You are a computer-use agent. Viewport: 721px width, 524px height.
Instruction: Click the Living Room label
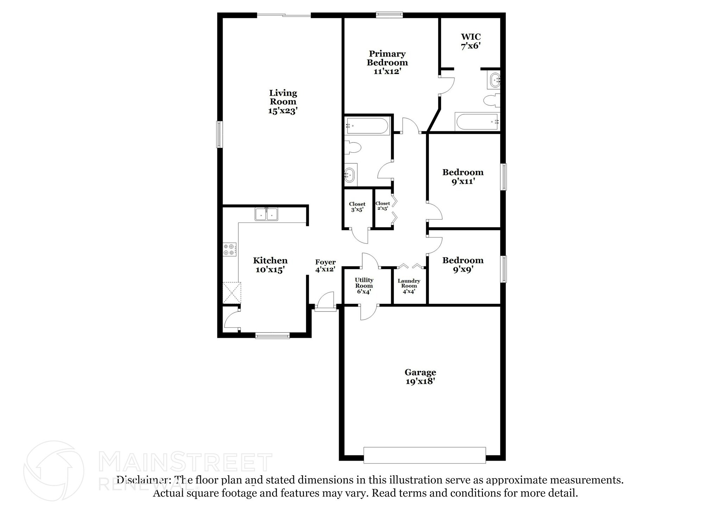coord(283,102)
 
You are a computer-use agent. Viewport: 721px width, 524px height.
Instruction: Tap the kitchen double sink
coord(266,214)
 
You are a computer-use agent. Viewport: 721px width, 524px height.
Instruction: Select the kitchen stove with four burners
coord(230,250)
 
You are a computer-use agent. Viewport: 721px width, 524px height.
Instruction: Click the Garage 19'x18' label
coord(420,377)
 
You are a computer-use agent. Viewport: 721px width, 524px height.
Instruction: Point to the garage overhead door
coord(425,455)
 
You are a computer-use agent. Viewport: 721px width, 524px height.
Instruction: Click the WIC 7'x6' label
coord(471,41)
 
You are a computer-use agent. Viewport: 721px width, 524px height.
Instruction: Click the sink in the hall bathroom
coord(351,175)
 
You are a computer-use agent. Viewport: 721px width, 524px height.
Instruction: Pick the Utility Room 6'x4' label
coord(364,285)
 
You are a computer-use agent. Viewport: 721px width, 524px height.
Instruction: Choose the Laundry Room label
coord(409,286)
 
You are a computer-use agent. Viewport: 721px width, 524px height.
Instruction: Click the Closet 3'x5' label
coord(357,207)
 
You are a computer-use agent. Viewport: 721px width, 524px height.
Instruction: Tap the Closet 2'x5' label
coord(382,206)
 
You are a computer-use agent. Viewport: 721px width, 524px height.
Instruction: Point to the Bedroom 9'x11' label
coord(463,177)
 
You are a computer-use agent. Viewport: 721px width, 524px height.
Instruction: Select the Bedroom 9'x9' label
coord(463,265)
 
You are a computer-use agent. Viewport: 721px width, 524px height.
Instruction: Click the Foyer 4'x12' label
coord(325,266)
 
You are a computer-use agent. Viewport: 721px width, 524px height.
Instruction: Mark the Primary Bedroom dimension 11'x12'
coord(387,71)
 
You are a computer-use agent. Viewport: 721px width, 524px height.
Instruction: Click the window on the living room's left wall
coord(219,134)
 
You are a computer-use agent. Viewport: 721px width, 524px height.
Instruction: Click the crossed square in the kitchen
coord(231,292)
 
